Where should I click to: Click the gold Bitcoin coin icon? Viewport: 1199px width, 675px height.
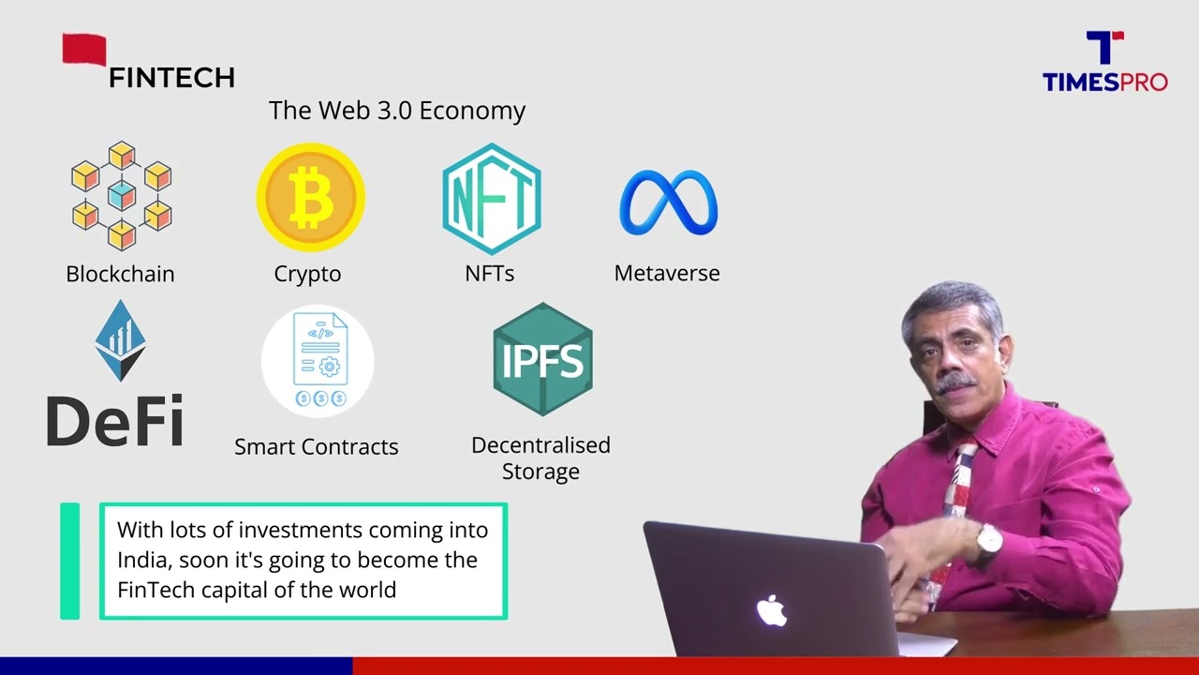310,198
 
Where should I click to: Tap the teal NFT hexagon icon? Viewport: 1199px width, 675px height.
491,199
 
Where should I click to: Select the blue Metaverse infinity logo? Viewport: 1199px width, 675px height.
668,202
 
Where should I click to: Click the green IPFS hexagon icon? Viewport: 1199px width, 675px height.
542,360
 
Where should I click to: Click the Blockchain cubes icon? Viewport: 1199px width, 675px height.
122,196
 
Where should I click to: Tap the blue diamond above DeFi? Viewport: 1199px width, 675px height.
120,340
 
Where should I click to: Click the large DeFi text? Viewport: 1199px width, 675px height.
114,421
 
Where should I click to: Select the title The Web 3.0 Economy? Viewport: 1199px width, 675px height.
397,111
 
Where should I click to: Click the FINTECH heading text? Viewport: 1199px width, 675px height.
171,78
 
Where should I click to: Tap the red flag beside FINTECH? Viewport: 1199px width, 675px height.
84,50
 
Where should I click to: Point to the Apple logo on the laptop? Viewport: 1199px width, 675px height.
771,610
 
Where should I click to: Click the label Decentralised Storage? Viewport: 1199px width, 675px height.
540,457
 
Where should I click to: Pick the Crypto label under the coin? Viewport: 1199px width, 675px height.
307,274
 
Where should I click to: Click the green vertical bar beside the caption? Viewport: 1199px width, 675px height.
70,561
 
